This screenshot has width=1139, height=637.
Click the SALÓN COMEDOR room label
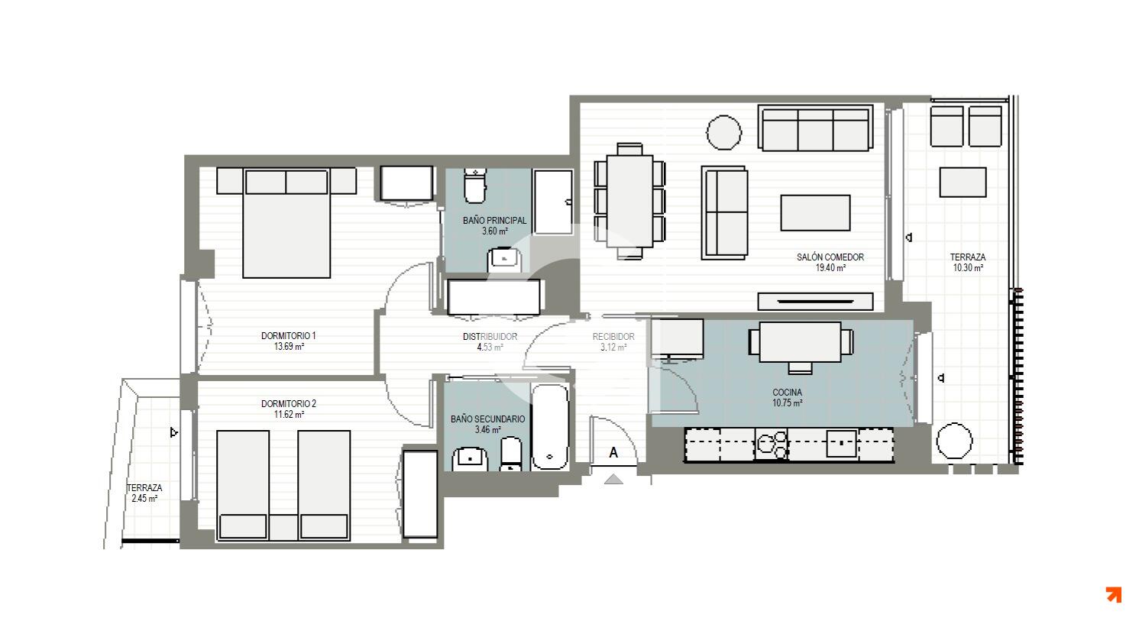coord(830,257)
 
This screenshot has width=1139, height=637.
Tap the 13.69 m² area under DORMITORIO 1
coord(289,347)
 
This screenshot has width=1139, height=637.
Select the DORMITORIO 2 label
coord(288,403)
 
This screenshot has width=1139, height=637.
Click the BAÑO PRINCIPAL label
coord(494,221)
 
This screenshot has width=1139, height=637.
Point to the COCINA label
coord(787,393)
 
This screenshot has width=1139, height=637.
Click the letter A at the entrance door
coord(613,452)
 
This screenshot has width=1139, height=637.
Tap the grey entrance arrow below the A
coord(613,479)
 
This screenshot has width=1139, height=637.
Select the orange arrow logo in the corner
coord(1114,595)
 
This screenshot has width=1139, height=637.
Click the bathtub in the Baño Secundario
coord(550,427)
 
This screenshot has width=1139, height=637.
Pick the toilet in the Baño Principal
coord(475,186)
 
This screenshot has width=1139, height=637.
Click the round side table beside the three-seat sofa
coord(723,132)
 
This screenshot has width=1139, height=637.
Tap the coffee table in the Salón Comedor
coord(815,212)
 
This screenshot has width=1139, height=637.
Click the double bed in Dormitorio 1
coord(286,223)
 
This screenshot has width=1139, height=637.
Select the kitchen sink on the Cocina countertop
coord(841,443)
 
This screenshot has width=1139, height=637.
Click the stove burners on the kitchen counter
coord(772,444)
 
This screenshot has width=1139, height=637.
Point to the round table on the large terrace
coord(954,441)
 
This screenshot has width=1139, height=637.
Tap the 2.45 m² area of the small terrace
coord(144,499)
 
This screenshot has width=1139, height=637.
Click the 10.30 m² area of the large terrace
coord(968,268)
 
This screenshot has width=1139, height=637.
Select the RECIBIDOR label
coord(613,337)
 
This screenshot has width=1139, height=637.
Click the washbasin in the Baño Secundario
coord(470,458)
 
